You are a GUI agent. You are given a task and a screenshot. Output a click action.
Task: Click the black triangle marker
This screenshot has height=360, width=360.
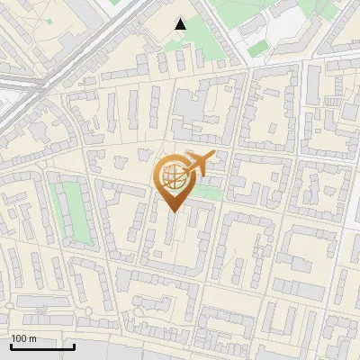pyautogui.click(x=181, y=24)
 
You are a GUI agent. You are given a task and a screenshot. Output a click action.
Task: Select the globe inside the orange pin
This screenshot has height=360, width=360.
pyautogui.click(x=173, y=176)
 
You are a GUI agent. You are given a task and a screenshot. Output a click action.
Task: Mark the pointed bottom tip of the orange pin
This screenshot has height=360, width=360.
pyautogui.click(x=174, y=212)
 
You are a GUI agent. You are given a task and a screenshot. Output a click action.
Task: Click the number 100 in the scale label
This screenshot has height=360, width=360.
pyautogui.click(x=19, y=338)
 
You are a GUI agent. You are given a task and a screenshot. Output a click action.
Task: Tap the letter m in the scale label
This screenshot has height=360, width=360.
pyautogui.click(x=32, y=338)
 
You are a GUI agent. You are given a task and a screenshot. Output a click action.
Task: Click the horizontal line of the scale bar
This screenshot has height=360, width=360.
pyautogui.click(x=41, y=346)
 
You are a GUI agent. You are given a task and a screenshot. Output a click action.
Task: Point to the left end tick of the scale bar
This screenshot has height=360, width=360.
pyautogui.click(x=10, y=345)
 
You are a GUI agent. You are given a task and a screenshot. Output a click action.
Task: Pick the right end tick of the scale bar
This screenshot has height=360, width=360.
pyautogui.click(x=74, y=345)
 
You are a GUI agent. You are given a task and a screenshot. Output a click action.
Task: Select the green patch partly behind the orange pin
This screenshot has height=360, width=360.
pyautogui.click(x=208, y=192)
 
